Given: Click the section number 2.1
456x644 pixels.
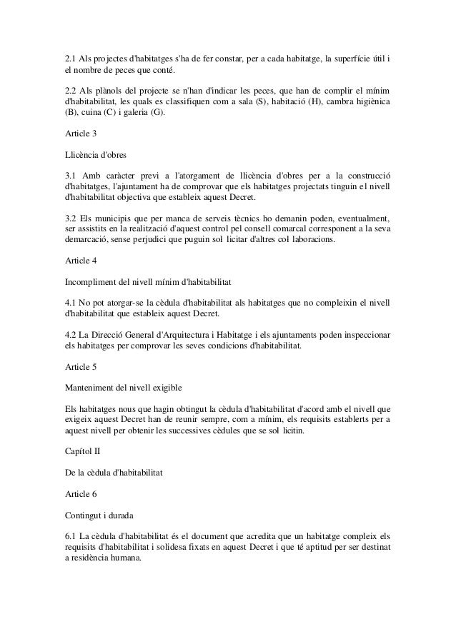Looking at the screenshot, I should coord(70,57).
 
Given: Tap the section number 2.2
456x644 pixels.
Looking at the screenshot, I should coord(70,93).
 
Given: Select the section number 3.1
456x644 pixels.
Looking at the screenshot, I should coord(70,176).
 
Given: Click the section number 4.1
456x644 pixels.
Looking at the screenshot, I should coord(70,302).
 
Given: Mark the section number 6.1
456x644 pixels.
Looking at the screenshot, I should coord(70,535).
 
